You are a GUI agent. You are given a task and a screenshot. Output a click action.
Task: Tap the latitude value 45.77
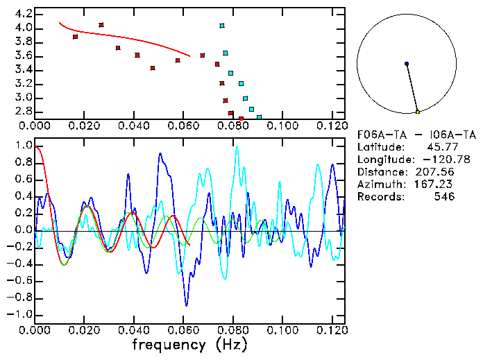tap(440, 147)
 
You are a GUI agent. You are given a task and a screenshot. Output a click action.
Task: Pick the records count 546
tap(443, 197)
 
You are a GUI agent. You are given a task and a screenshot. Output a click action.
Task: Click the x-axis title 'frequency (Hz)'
tap(189, 345)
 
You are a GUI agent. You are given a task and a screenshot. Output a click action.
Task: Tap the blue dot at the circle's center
tap(407, 64)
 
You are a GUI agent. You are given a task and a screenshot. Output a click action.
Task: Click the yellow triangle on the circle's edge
tap(417, 112)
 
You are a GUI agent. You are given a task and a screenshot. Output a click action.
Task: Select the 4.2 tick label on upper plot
tap(22, 14)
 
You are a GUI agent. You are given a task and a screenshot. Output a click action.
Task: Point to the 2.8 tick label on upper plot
tap(22, 111)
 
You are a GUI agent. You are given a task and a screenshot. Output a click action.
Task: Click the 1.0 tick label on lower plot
tap(22, 146)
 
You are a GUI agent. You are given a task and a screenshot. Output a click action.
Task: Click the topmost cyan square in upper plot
tap(222, 26)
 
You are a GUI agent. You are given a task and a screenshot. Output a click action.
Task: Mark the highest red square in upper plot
tap(101, 25)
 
